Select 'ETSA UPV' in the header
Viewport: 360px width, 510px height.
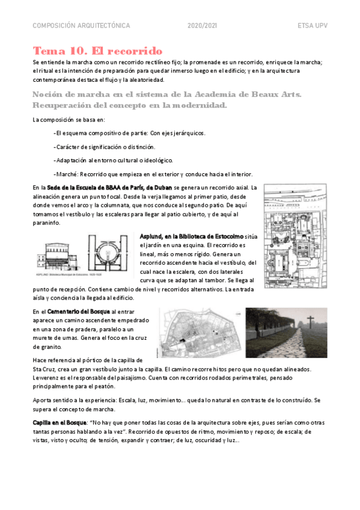click(x=312, y=26)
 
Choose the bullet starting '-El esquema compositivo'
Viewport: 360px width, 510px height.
click(x=129, y=133)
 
